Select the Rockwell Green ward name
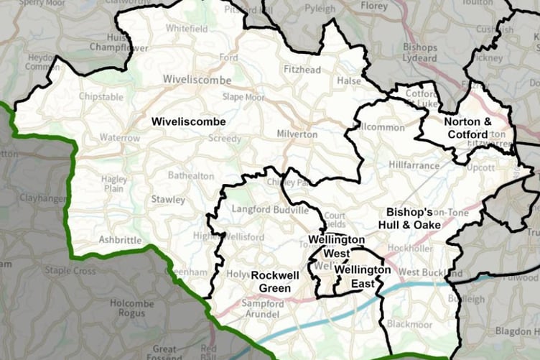pyautogui.click(x=271, y=282)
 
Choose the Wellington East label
pyautogui.click(x=363, y=276)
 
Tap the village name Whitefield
pyautogui.click(x=185, y=29)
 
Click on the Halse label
pyautogui.click(x=349, y=81)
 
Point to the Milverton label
pyautogui.click(x=297, y=134)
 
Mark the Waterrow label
pyautogui.click(x=120, y=137)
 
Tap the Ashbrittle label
pyautogui.click(x=120, y=239)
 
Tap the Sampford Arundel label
pyautogui.click(x=261, y=310)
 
